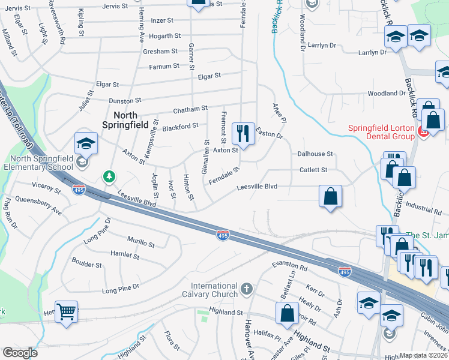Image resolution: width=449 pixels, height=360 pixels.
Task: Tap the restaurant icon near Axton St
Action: coord(243,133)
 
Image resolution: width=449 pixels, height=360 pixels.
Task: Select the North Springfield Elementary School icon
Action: coord(86,144)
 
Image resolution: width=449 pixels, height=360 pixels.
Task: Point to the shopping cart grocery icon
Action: coord(66,311)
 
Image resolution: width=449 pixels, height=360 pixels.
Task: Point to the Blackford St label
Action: coord(180,127)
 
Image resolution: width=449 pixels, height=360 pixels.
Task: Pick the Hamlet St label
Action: coord(125,256)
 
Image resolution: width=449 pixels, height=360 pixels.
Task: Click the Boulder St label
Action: coord(86,264)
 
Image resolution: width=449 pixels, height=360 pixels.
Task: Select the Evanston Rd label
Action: coord(289,266)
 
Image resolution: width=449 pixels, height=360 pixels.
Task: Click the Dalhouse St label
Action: coord(315,154)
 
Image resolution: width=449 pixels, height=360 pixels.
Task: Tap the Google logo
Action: coord(20,353)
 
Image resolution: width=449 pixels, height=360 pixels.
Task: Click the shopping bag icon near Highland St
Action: coord(288,313)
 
